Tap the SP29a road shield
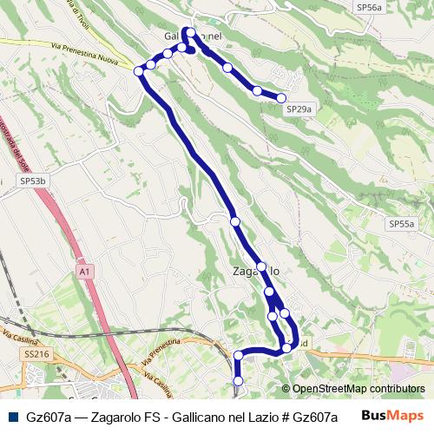(x=299, y=109)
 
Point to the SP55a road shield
(x=401, y=223)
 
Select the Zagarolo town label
(x=262, y=271)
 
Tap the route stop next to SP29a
(x=281, y=98)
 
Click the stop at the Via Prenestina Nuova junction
(x=139, y=70)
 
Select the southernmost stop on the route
(x=239, y=380)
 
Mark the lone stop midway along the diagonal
(x=234, y=222)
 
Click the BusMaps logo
(x=392, y=417)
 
